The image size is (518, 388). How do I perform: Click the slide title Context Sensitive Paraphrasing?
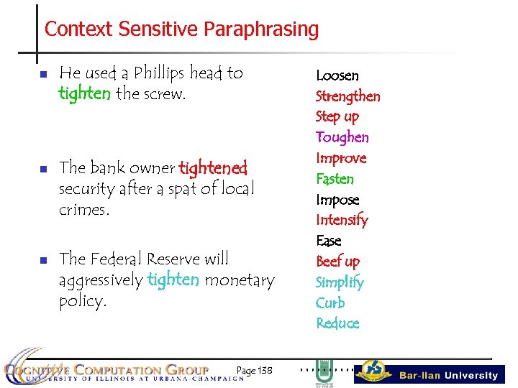[181, 29]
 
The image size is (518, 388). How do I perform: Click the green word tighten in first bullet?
[85, 93]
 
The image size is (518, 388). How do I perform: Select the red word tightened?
[213, 169]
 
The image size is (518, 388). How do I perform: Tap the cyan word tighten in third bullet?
[173, 280]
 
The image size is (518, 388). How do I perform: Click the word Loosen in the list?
[337, 75]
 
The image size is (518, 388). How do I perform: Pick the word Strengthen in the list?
[347, 96]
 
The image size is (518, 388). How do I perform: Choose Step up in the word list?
[337, 116]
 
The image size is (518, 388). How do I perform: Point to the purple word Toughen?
[342, 137]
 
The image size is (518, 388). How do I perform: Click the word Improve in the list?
[341, 158]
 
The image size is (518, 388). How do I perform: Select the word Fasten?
[335, 179]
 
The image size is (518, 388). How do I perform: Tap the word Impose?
[337, 200]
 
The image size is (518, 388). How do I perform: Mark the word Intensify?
[342, 220]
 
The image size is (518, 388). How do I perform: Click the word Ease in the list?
[329, 241]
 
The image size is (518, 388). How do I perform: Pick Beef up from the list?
[337, 262]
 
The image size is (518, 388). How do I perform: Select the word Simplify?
[340, 282]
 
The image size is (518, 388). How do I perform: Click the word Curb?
[330, 302]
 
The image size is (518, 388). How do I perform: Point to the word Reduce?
[337, 323]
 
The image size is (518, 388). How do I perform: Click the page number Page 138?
[254, 370]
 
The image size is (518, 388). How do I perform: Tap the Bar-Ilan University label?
[448, 375]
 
